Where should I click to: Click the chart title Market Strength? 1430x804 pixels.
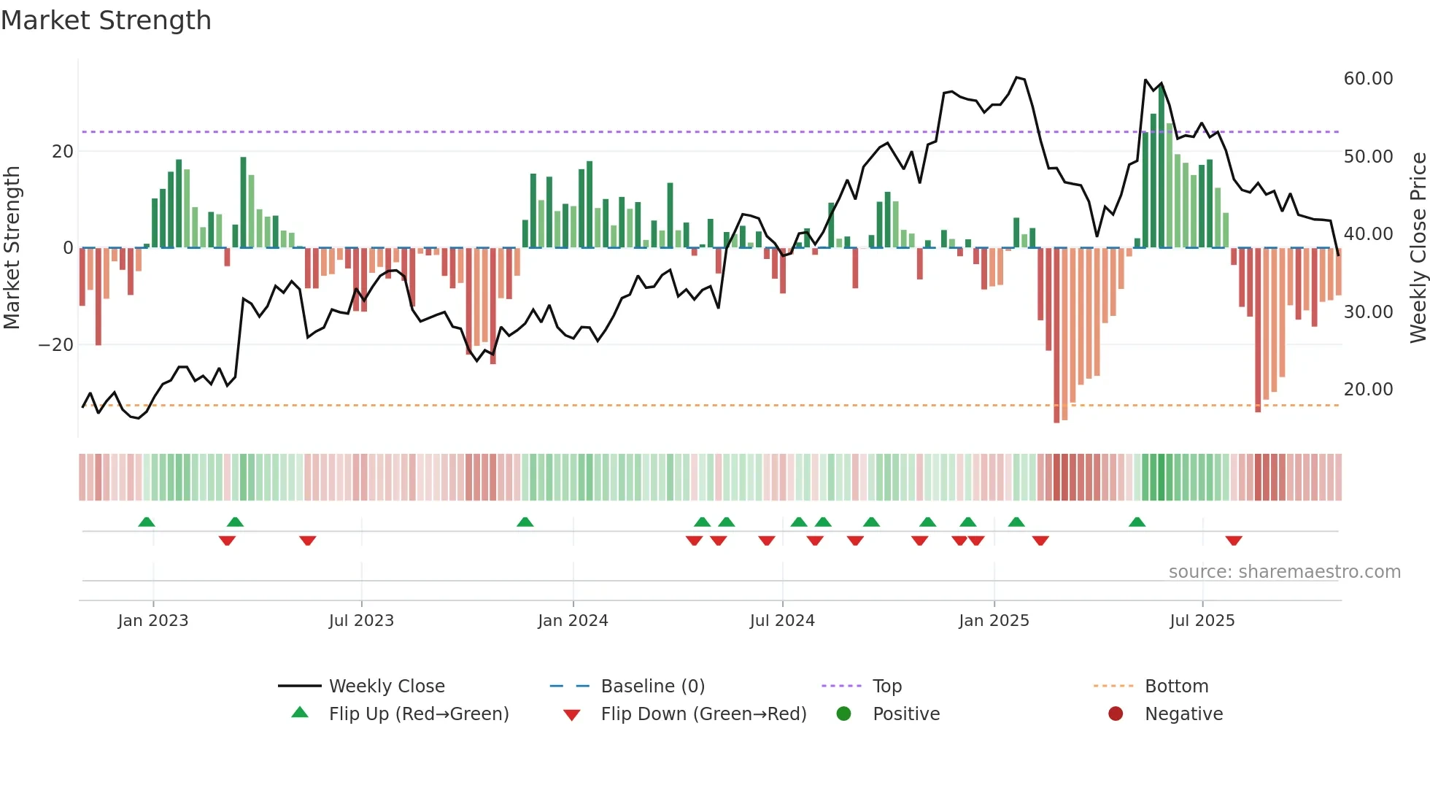click(106, 20)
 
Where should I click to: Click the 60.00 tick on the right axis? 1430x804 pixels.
click(1368, 79)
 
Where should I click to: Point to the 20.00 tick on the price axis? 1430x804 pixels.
click(1368, 390)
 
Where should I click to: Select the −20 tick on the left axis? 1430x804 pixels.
click(56, 345)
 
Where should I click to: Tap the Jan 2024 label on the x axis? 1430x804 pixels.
click(573, 621)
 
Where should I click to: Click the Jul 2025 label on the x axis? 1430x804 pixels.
click(1202, 621)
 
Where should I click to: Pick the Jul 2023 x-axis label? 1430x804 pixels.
click(361, 621)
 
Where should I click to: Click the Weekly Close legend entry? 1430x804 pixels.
click(386, 687)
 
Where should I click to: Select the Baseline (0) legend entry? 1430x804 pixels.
click(652, 687)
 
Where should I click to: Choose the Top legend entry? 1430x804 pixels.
click(886, 687)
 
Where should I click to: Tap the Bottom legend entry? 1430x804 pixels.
click(1176, 687)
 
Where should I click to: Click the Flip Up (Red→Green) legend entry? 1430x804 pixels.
click(418, 714)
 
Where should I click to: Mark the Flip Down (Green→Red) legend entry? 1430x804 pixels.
click(703, 714)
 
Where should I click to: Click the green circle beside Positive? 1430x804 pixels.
click(844, 714)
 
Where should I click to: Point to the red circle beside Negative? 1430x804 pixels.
click(1116, 714)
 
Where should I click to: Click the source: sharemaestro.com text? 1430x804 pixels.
click(1284, 572)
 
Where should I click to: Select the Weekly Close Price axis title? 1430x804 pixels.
click(1418, 248)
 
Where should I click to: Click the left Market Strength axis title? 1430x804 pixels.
click(12, 248)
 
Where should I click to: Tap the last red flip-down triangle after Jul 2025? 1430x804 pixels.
click(1234, 541)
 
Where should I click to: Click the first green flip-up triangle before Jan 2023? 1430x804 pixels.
click(147, 522)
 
